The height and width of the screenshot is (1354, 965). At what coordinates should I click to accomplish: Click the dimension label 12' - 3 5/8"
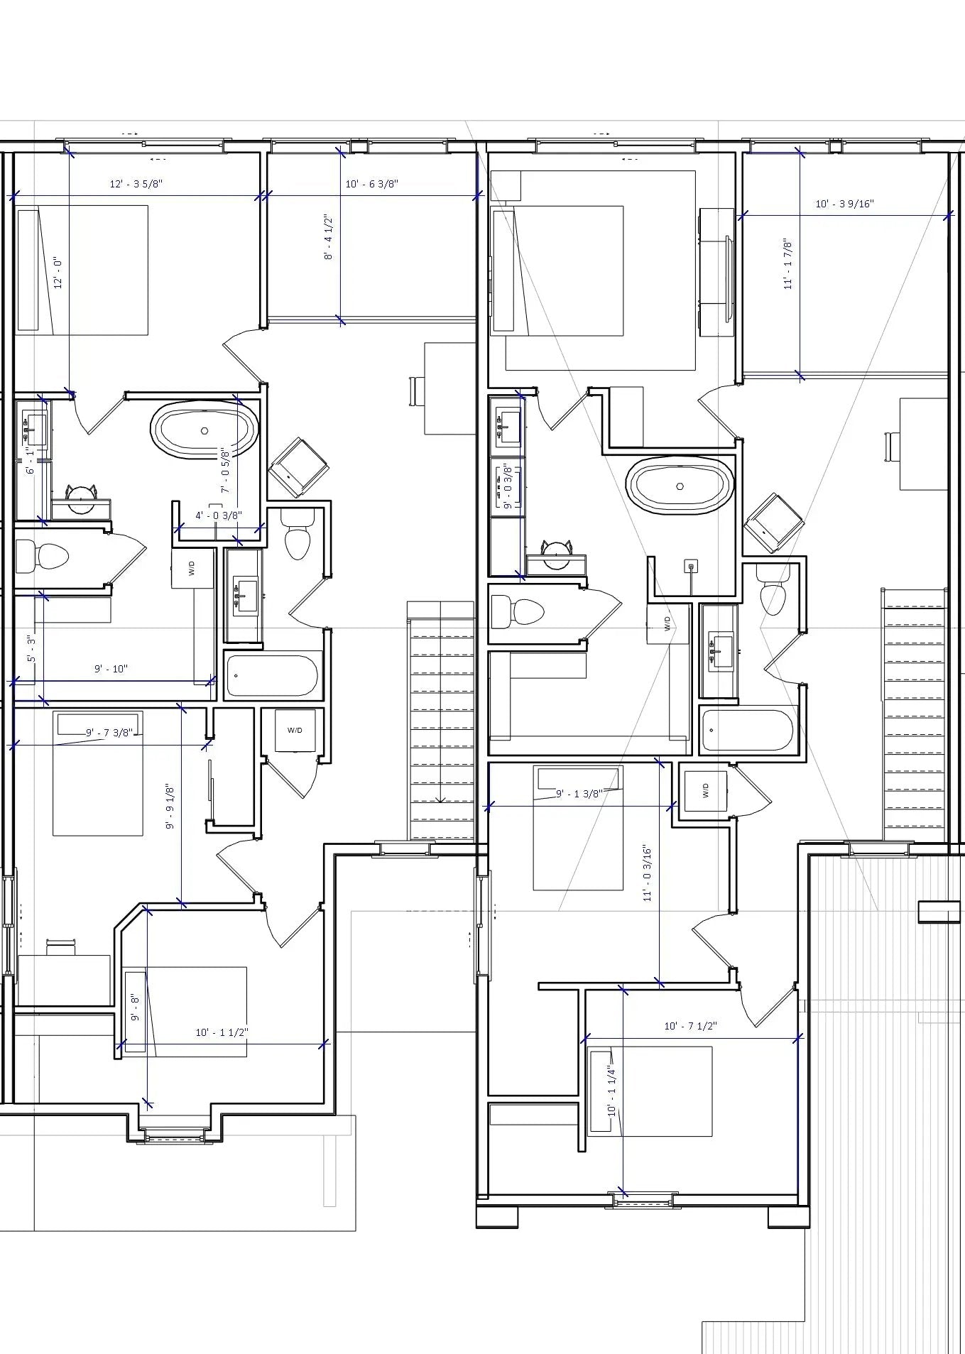[x=136, y=184]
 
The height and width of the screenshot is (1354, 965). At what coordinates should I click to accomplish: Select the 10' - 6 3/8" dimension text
[x=371, y=184]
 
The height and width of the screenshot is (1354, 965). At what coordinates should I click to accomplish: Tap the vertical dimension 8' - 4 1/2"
[x=328, y=237]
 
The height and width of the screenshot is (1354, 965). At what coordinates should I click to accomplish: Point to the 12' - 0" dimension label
[x=58, y=273]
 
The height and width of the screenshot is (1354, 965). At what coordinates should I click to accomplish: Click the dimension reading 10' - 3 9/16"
[x=844, y=204]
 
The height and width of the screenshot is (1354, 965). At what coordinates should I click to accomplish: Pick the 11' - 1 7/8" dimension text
[x=788, y=263]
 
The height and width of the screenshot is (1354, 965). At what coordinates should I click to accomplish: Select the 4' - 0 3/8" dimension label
[x=219, y=515]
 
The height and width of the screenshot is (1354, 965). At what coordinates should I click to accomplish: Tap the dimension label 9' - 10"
[x=111, y=669]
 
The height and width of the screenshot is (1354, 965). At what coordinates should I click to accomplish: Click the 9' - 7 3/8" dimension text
[x=109, y=733]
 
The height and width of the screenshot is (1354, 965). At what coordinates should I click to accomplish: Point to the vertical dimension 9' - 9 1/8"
[x=170, y=807]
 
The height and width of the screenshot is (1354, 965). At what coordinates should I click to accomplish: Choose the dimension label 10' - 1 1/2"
[x=222, y=1032]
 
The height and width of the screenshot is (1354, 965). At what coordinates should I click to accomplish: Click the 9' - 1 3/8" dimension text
[x=579, y=794]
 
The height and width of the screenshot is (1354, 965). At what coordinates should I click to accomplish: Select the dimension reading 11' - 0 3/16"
[x=647, y=873]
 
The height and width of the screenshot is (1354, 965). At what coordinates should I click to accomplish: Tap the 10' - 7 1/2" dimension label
[x=690, y=1026]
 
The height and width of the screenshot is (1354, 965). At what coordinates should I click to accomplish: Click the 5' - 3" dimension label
[x=31, y=649]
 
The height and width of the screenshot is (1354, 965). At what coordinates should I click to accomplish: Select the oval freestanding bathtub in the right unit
[x=680, y=486]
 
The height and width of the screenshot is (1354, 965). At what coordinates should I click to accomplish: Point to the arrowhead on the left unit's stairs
[x=440, y=799]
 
